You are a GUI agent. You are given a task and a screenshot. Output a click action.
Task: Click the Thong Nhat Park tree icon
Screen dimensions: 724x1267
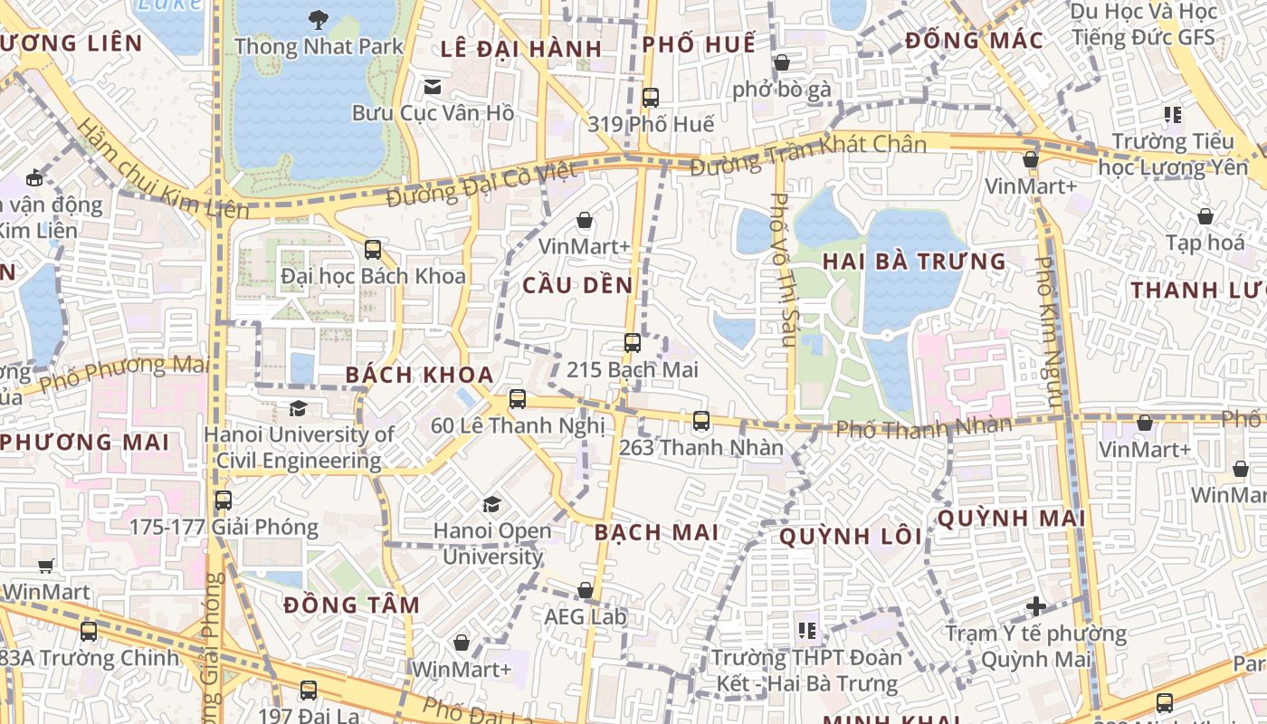pyautogui.click(x=318, y=18)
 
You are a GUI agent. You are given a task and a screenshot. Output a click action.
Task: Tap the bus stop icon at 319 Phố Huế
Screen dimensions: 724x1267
pyautogui.click(x=651, y=97)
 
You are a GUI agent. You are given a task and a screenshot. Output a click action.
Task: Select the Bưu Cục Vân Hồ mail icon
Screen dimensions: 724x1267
pyautogui.click(x=433, y=87)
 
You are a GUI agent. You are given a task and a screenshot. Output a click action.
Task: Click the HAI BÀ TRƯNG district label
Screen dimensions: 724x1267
pyautogui.click(x=914, y=262)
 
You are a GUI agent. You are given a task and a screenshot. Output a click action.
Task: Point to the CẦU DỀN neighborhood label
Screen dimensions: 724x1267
pyautogui.click(x=578, y=285)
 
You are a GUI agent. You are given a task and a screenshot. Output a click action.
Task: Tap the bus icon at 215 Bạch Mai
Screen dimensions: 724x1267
pyautogui.click(x=633, y=343)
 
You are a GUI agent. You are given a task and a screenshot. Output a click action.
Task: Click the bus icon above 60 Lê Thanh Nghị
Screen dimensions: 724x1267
pyautogui.click(x=518, y=398)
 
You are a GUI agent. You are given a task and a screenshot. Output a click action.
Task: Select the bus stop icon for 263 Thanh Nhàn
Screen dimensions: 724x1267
pyautogui.click(x=701, y=421)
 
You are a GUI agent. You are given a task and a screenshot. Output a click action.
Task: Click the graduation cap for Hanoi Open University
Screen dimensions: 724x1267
pyautogui.click(x=491, y=504)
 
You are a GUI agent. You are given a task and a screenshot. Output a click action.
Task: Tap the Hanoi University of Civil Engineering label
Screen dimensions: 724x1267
pyautogui.click(x=299, y=447)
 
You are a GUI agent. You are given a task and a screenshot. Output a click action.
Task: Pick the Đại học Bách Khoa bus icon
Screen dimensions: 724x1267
pyautogui.click(x=373, y=249)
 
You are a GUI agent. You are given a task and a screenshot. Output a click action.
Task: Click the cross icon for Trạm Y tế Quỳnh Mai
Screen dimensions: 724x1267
pyautogui.click(x=1036, y=605)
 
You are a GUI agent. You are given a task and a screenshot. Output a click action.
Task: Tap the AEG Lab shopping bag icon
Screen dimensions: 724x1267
pyautogui.click(x=586, y=591)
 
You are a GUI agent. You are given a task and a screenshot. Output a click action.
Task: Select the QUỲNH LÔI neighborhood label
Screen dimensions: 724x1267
pyautogui.click(x=851, y=537)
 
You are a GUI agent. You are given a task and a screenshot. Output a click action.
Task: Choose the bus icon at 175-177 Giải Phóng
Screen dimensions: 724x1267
pyautogui.click(x=224, y=500)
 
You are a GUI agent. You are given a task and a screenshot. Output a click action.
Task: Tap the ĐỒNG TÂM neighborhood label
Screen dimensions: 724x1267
pyautogui.click(x=351, y=605)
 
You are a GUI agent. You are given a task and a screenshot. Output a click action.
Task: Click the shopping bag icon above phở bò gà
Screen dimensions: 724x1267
pyautogui.click(x=782, y=62)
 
